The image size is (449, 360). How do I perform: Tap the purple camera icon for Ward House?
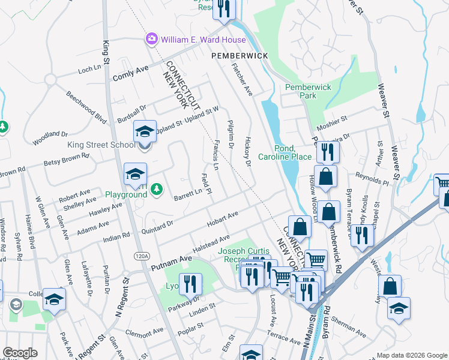[152, 40]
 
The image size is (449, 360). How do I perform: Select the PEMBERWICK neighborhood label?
[239, 55]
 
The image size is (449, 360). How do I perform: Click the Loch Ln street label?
[89, 70]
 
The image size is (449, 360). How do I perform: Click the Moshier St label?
[336, 119]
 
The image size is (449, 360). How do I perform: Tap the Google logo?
[20, 353]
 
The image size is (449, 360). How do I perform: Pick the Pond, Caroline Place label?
[285, 152]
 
